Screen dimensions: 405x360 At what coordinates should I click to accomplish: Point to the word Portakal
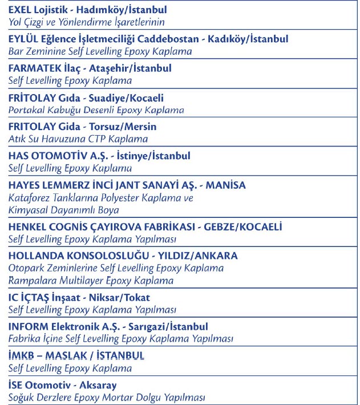coord(26,110)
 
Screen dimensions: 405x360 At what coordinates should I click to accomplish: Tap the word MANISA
coord(226,185)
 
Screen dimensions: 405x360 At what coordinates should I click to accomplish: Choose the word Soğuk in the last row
coord(22,397)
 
